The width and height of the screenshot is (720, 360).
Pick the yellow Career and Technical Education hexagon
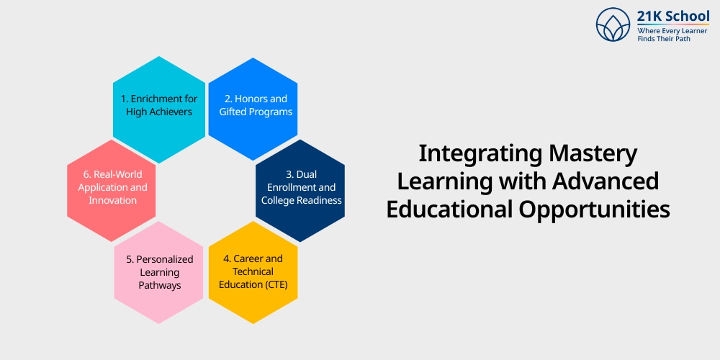[253, 271]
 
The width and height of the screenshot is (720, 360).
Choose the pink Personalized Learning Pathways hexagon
[158, 271]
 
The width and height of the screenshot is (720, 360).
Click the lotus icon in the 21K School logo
[613, 24]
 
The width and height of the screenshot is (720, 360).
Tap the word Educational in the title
[448, 210]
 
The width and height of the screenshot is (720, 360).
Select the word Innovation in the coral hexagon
[112, 200]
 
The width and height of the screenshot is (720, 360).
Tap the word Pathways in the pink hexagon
[159, 285]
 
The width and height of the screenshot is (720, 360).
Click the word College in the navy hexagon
[279, 200]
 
